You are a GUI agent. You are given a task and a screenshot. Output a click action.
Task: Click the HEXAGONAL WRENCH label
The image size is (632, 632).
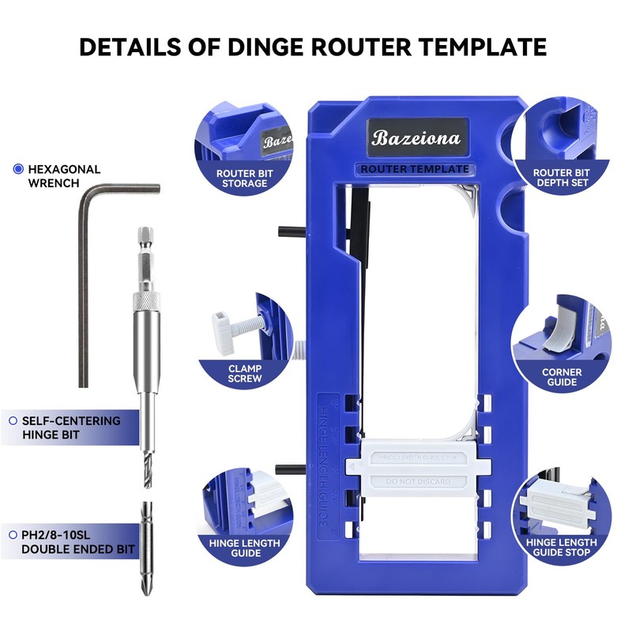(64, 175)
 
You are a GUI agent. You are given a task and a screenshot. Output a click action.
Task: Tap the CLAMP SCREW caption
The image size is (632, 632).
(245, 373)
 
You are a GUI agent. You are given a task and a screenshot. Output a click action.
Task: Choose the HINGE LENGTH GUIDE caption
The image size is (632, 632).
(245, 548)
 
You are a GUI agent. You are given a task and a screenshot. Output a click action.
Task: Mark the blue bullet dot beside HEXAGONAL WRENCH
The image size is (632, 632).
(18, 169)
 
